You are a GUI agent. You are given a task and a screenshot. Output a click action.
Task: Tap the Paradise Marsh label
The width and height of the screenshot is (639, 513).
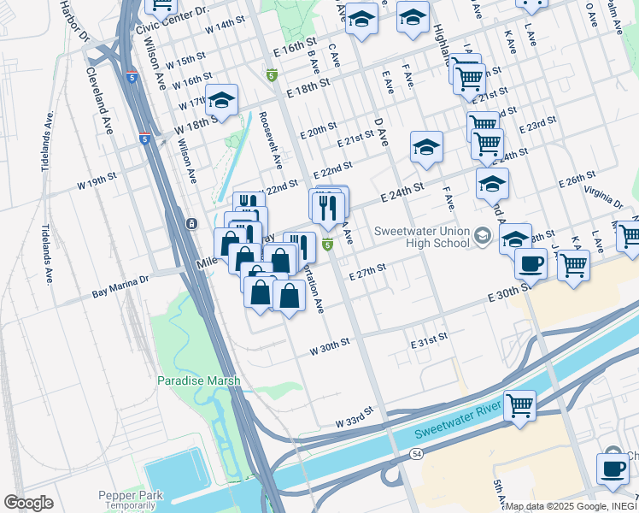pos(198,380)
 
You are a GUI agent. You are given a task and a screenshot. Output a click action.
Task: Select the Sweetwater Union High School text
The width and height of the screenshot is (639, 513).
pos(423,237)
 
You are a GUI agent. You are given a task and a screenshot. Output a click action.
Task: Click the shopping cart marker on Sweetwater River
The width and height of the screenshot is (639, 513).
pos(519,405)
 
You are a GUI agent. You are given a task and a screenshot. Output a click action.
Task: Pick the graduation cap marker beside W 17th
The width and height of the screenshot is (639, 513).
pos(221,101)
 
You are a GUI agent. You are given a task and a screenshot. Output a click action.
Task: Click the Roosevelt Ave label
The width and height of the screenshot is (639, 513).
pos(270,141)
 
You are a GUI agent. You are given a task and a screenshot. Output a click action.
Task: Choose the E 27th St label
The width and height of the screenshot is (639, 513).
pos(367,270)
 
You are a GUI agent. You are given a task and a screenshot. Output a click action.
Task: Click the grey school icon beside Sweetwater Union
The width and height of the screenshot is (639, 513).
pos(483,235)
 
